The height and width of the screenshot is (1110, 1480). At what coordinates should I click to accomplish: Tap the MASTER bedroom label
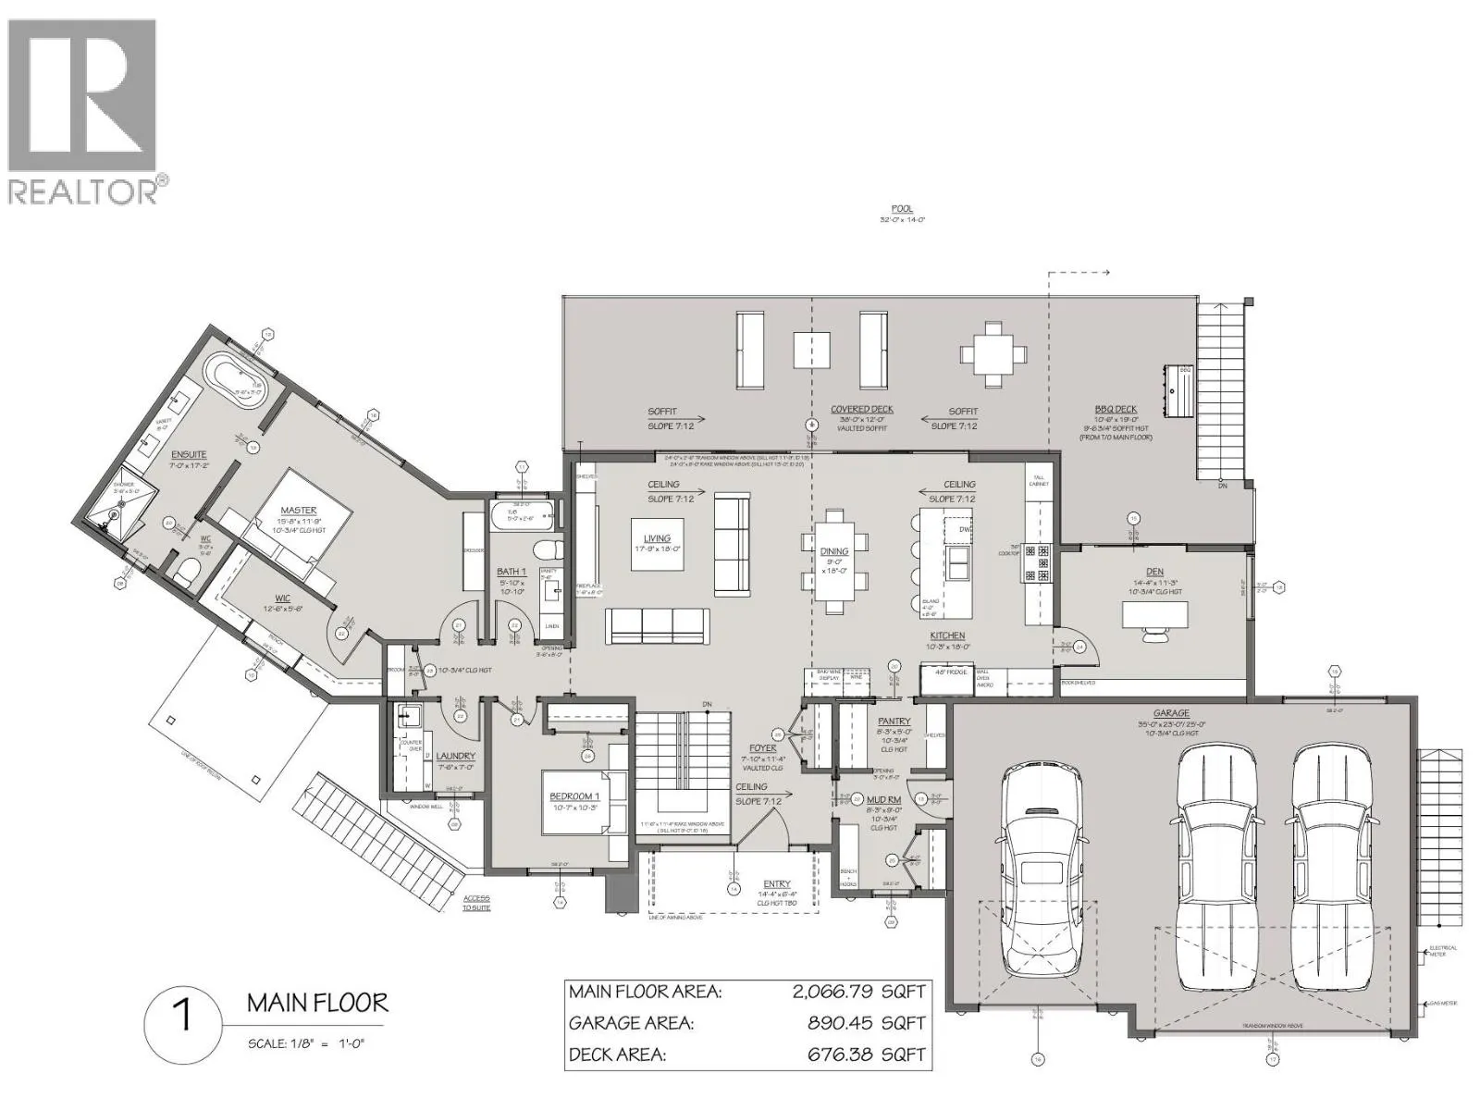coord(298,511)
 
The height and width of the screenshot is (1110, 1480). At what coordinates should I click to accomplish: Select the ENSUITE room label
coord(189,454)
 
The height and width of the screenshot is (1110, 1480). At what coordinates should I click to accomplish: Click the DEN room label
coord(1153,572)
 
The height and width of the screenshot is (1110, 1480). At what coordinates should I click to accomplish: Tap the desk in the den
coord(1154,613)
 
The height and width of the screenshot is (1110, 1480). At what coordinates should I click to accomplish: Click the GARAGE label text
coord(1171,714)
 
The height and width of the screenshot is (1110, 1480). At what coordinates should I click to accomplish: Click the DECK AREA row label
coord(617,1054)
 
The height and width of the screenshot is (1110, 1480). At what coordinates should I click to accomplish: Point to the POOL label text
coord(902,209)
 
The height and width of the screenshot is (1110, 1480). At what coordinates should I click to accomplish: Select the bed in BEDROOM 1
coord(573,801)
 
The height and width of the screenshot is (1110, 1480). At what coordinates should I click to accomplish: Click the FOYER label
coord(763,747)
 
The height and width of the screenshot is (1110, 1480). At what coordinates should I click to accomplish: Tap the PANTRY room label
coord(894,721)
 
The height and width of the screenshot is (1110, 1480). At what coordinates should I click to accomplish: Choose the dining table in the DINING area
coord(834,561)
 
